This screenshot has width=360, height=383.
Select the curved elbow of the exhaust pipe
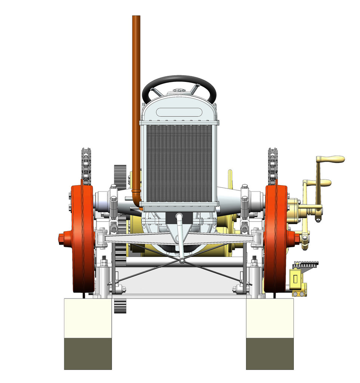click(136, 200)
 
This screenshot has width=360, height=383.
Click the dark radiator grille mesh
click(179, 163)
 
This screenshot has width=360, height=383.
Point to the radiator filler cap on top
click(179, 91)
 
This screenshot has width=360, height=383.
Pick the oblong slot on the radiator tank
click(179, 111)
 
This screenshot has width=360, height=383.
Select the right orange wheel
click(276, 239)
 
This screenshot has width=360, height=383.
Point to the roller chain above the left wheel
click(86, 165)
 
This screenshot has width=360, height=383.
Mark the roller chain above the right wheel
click(273, 165)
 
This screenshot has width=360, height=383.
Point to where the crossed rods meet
click(182, 261)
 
